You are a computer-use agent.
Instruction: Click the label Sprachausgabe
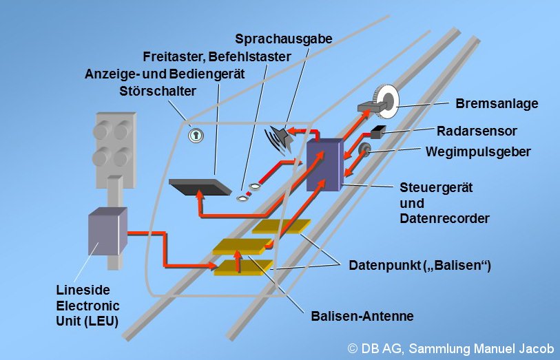click(283, 39)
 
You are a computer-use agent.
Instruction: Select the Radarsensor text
click(477, 130)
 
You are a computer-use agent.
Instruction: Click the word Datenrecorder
click(444, 218)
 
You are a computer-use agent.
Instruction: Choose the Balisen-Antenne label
click(362, 317)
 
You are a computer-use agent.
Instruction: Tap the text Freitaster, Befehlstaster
click(218, 56)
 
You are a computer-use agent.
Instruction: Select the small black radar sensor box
click(378, 131)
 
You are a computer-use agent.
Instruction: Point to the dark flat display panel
click(200, 186)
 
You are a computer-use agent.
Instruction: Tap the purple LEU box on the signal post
click(108, 233)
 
